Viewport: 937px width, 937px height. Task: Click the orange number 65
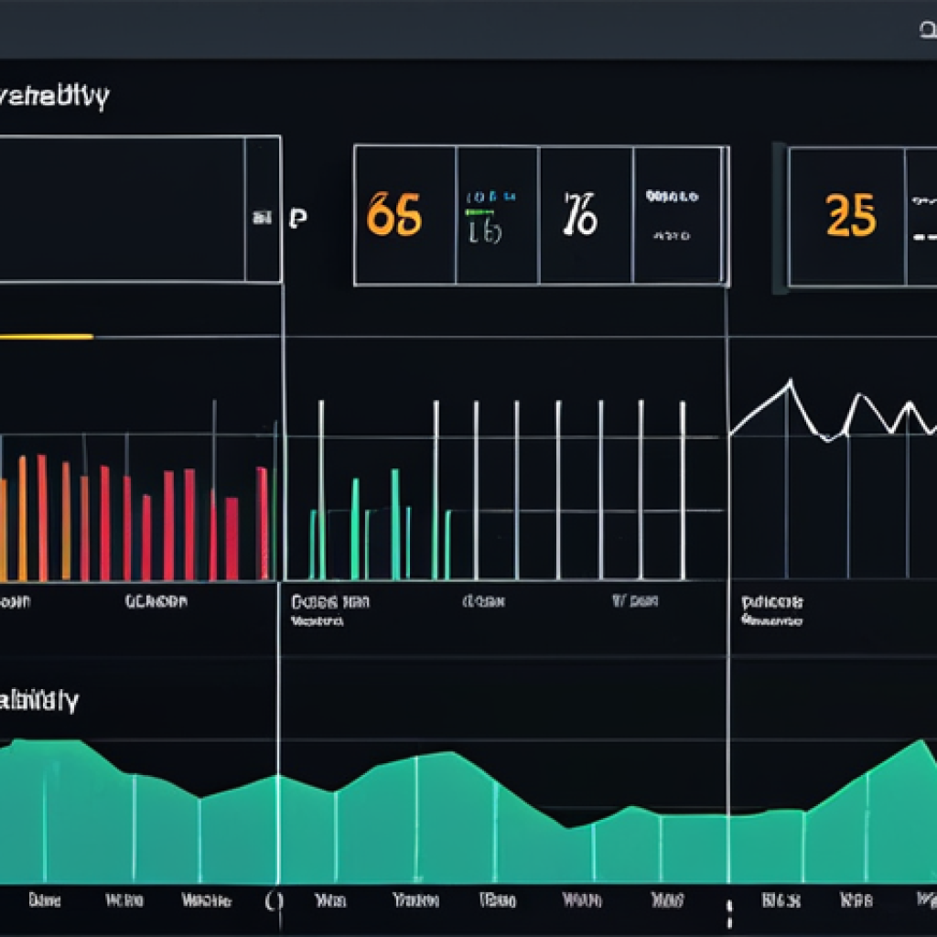tap(394, 216)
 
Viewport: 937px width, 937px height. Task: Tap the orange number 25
tap(851, 216)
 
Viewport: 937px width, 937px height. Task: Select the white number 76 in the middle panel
tap(581, 214)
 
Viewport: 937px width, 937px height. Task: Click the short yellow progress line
tap(46, 337)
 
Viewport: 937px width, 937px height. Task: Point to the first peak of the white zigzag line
tap(789, 382)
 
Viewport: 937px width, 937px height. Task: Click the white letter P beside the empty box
tap(297, 218)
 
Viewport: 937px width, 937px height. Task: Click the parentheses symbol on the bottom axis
tap(274, 900)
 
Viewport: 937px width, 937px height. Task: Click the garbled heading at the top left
tap(55, 97)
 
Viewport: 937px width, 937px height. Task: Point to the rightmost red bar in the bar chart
tap(263, 522)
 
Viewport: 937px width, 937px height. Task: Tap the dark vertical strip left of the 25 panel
tap(780, 218)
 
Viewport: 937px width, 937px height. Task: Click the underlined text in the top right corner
tap(926, 30)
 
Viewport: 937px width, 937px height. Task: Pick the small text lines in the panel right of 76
tap(673, 215)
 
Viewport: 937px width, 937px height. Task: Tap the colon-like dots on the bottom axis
tap(729, 913)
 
